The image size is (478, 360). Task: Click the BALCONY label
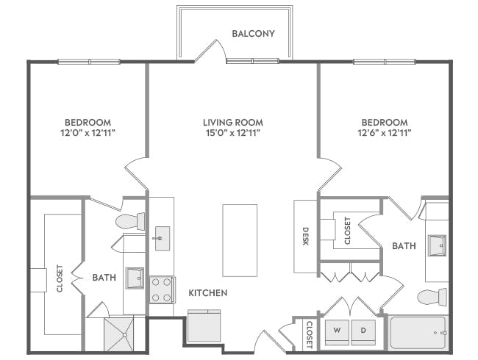253,34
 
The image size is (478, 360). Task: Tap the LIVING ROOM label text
233,122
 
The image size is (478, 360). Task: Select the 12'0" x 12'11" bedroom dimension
88,133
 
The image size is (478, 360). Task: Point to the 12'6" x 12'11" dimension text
384,133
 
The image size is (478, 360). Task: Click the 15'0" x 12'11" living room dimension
233,133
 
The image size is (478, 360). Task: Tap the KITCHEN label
208,292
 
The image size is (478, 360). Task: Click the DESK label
306,235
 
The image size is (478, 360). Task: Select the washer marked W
338,331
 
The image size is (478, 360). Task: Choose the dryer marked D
363,331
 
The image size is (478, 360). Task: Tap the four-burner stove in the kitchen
162,289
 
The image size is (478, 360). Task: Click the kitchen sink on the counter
162,238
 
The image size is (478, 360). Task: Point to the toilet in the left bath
131,220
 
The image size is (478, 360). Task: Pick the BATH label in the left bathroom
104,278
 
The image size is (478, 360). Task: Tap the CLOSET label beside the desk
348,230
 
